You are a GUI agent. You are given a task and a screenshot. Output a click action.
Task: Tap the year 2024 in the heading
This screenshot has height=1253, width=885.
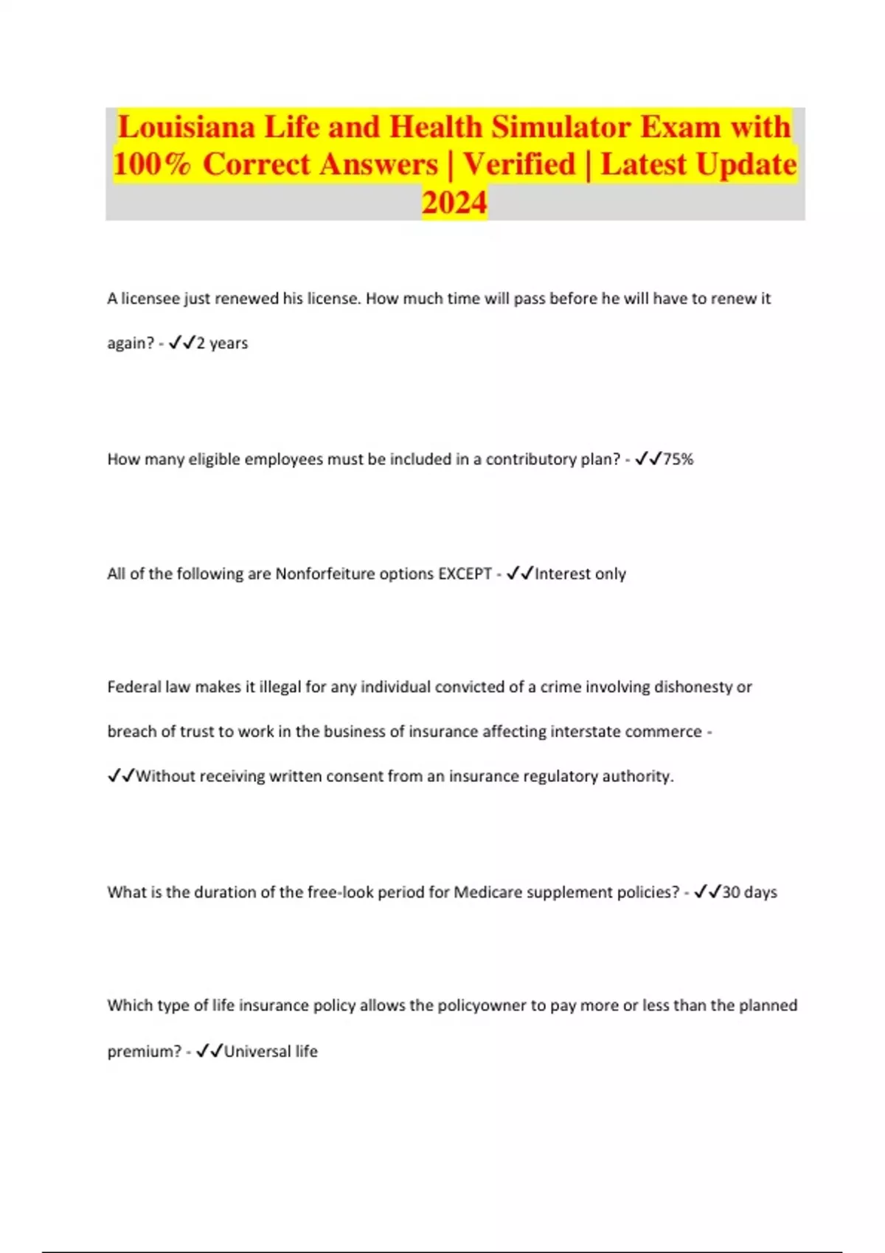pos(454,202)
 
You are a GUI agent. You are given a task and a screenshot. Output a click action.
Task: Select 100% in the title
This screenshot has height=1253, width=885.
pos(153,164)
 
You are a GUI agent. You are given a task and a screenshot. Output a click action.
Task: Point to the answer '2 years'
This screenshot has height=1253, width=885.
pos(222,343)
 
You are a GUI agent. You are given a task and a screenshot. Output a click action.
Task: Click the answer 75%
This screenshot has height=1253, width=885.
pos(678,459)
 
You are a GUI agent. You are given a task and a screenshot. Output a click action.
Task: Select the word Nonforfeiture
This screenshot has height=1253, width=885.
pos(324,573)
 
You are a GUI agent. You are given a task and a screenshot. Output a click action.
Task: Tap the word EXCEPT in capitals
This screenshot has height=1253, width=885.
pos(465,573)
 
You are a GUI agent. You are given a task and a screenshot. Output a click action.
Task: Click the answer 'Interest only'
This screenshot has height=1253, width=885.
pos(580,573)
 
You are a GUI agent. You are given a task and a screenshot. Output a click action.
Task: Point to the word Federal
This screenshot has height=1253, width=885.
pos(134,687)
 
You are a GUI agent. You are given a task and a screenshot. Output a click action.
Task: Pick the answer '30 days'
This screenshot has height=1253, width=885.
pos(749,892)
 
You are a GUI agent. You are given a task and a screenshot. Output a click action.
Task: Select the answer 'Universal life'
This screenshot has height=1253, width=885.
pos(271,1051)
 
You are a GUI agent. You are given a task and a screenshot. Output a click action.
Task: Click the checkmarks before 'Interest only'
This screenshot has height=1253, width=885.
pos(520,573)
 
